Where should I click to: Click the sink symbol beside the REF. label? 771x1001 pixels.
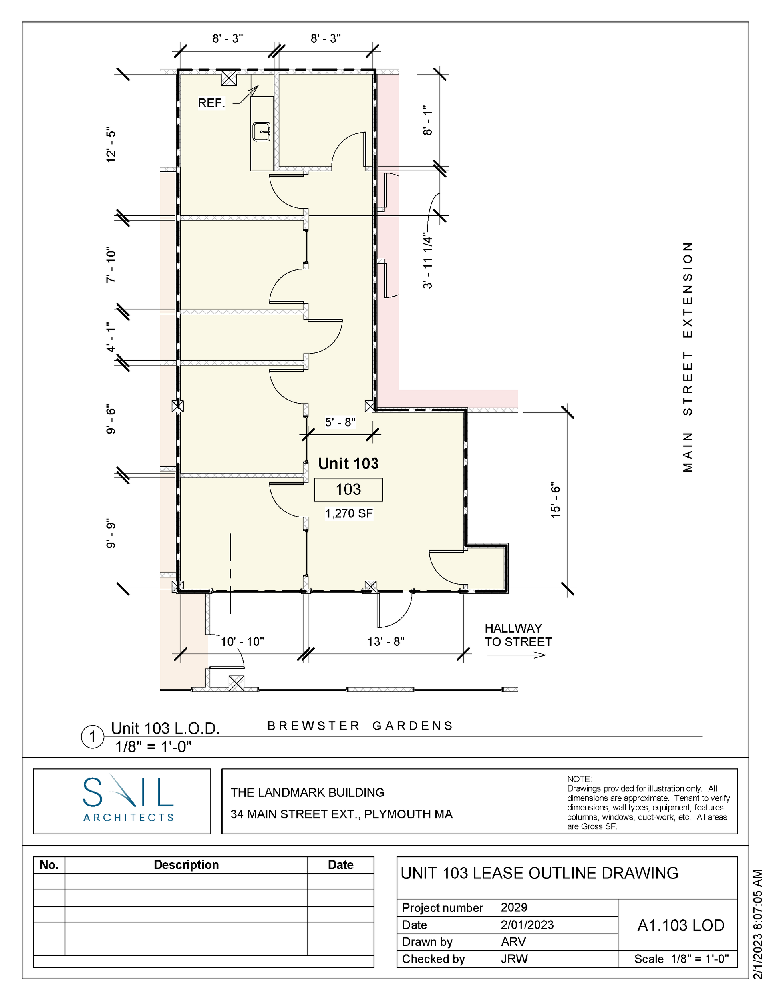click(x=262, y=132)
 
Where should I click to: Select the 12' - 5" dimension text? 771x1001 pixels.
click(x=111, y=145)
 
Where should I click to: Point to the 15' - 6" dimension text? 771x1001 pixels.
click(x=556, y=500)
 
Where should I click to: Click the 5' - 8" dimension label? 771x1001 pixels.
click(x=340, y=422)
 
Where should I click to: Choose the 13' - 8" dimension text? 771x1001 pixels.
click(x=386, y=641)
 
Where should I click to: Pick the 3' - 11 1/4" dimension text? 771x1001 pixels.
click(x=427, y=260)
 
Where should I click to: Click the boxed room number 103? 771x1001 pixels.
click(x=348, y=490)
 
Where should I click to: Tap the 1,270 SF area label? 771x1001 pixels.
click(x=349, y=513)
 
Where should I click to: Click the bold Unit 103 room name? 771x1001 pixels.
click(x=348, y=463)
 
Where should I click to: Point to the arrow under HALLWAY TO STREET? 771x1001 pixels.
click(x=516, y=655)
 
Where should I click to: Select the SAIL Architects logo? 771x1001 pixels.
click(x=128, y=799)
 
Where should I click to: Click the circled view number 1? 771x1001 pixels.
click(x=93, y=737)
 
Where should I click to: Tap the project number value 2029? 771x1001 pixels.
click(x=514, y=907)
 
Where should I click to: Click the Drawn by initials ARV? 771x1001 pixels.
click(x=513, y=941)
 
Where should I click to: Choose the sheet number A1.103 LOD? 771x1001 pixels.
click(x=681, y=925)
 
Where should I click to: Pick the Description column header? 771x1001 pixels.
click(x=186, y=864)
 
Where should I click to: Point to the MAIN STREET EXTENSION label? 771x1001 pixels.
click(x=688, y=357)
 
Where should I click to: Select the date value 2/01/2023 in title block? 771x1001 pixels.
click(x=527, y=925)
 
